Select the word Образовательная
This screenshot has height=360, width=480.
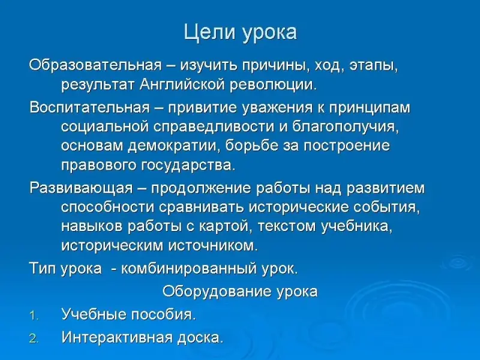[95, 65]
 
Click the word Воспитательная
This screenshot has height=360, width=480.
[90, 108]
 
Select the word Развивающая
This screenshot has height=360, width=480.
[81, 188]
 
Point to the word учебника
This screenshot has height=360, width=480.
[357, 227]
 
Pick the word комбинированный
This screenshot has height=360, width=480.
[189, 269]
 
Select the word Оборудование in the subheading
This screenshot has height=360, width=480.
[217, 292]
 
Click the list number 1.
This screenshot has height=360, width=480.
[34, 316]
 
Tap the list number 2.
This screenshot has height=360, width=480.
[34, 338]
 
